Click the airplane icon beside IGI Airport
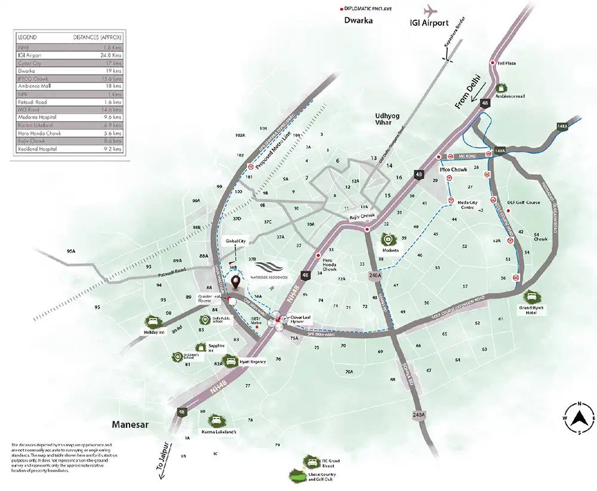tap(431, 11)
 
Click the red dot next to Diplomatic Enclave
tap(341, 10)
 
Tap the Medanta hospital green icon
tap(388, 238)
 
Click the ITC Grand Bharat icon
tap(310, 461)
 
